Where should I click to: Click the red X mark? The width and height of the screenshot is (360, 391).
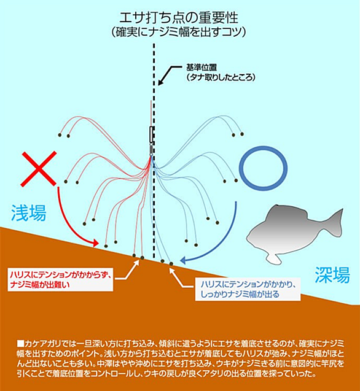[x=39, y=169]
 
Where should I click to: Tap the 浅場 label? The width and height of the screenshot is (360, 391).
[x=29, y=213]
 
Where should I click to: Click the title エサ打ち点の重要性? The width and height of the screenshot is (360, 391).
[x=179, y=18]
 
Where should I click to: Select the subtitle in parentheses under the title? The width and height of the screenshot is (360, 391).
[x=179, y=32]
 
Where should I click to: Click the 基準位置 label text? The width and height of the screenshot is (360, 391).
[x=202, y=68]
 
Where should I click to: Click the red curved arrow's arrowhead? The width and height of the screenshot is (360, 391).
[x=95, y=242]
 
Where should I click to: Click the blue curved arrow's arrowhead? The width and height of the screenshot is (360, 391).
[x=184, y=260]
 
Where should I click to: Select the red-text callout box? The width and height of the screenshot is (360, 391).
[x=60, y=279]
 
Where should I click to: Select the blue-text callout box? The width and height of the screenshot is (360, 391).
[x=248, y=289]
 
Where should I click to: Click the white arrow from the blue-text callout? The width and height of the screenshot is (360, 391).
[x=181, y=278]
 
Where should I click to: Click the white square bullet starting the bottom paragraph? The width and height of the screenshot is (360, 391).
[x=20, y=344]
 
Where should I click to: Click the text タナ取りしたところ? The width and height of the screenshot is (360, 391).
[x=221, y=77]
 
